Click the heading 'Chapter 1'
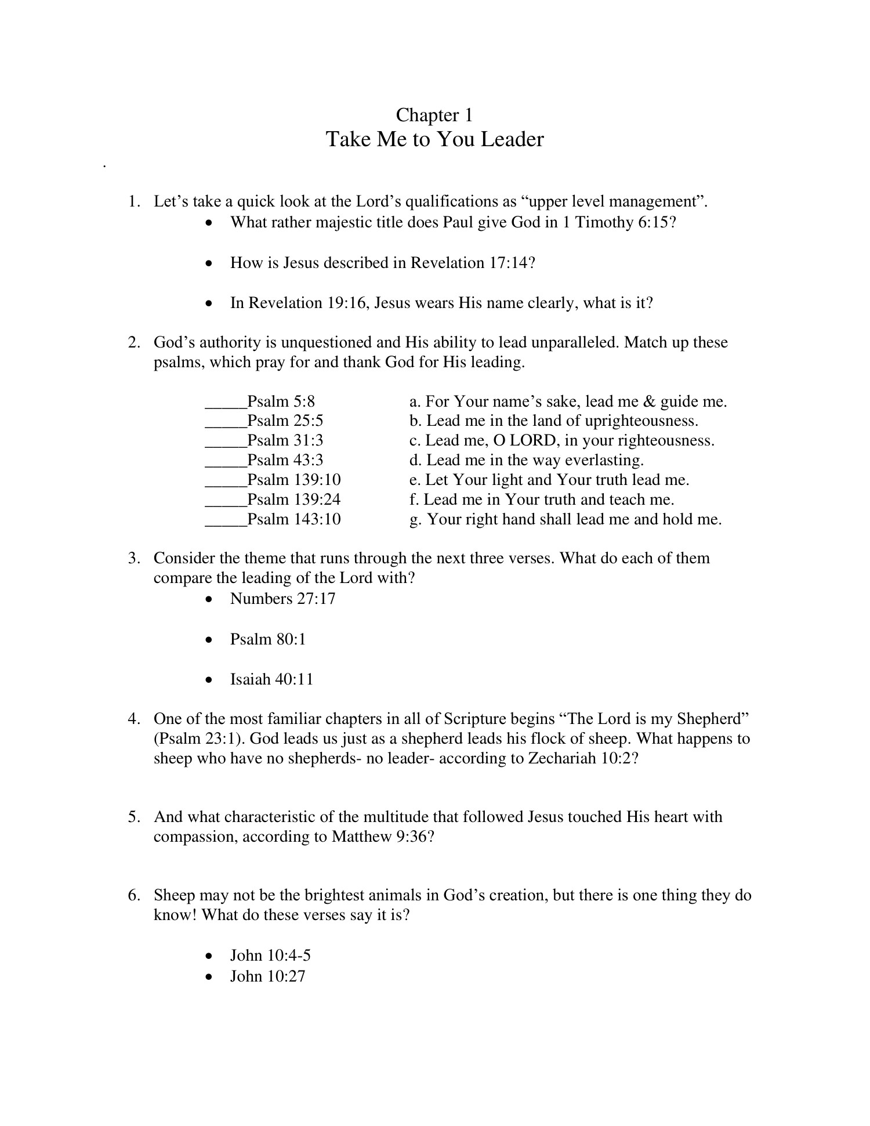pos(434,115)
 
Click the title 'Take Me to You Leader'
pos(434,140)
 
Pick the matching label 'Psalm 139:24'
pos(294,499)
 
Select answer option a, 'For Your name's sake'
pos(568,402)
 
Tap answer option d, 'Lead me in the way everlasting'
pos(527,461)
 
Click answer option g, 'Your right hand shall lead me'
pos(565,520)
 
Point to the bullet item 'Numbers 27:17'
pos(283,599)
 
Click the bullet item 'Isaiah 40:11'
pos(272,679)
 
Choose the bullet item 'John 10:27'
pos(267,976)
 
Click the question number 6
pos(133,896)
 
